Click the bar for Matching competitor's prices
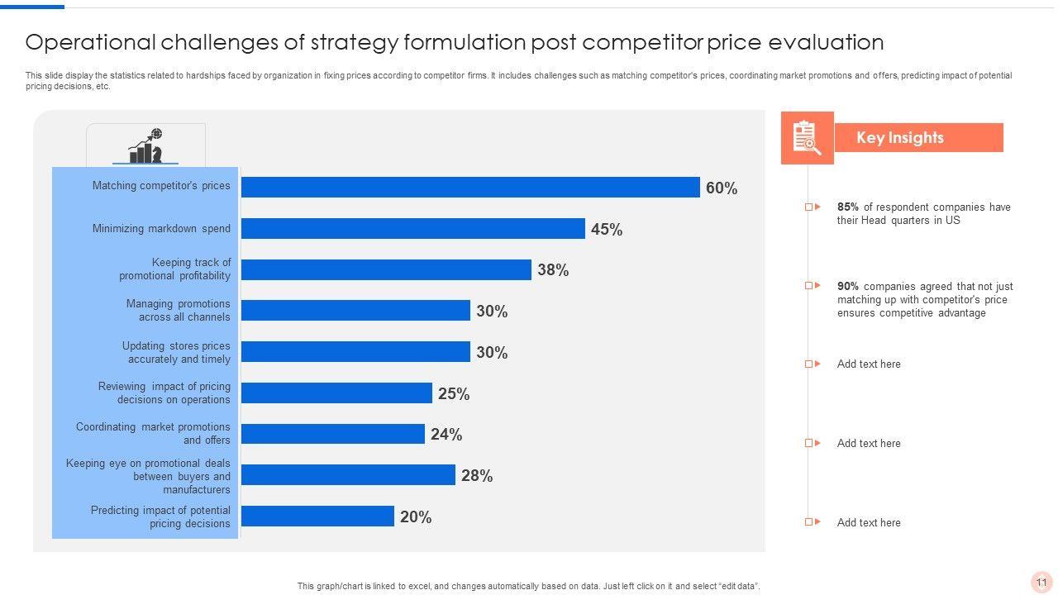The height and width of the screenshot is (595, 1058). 470,188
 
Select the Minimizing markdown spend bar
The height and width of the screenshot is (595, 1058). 413,229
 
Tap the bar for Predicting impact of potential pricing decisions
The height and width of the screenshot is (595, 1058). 317,516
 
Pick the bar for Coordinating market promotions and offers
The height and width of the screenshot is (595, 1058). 333,434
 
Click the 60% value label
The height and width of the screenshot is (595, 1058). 721,188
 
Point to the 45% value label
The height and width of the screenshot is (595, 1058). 606,230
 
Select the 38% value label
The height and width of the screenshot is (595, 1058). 552,270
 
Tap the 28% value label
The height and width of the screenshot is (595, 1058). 476,476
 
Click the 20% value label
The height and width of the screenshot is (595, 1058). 415,517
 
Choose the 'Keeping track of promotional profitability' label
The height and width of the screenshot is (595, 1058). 174,269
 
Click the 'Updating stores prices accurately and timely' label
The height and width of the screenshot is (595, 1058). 176,353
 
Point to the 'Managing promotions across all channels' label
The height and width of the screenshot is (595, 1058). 178,311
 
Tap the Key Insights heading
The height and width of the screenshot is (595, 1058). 899,138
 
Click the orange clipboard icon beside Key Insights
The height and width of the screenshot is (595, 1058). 806,138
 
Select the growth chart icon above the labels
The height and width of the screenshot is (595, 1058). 145,146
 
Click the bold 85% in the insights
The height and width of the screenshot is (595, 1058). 847,207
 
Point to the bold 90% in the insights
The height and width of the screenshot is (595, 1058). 847,287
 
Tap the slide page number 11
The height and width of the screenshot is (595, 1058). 1041,583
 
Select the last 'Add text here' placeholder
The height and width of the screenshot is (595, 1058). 869,523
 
